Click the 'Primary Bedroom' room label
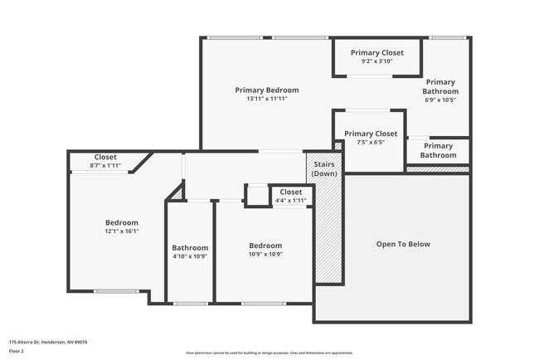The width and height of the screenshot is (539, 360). pyautogui.click(x=266, y=90)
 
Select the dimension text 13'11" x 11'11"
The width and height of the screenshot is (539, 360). pyautogui.click(x=266, y=99)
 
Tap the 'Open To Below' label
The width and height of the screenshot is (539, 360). pyautogui.click(x=403, y=244)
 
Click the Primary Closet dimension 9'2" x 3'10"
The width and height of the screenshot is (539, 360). pyautogui.click(x=376, y=61)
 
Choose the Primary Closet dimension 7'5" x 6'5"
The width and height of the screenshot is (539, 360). pyautogui.click(x=371, y=142)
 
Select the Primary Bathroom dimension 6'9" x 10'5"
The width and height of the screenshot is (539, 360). pyautogui.click(x=440, y=100)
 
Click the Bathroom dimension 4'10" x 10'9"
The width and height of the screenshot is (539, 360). pyautogui.click(x=190, y=256)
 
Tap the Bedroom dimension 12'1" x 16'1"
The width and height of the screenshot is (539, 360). pyautogui.click(x=121, y=231)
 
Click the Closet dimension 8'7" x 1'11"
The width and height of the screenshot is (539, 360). pyautogui.click(x=105, y=166)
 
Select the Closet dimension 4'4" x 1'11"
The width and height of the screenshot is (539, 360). pyautogui.click(x=290, y=200)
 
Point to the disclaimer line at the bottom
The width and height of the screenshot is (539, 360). pyautogui.click(x=269, y=352)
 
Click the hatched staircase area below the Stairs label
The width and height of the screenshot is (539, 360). pyautogui.click(x=328, y=232)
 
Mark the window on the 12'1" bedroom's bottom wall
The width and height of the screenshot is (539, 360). pyautogui.click(x=116, y=291)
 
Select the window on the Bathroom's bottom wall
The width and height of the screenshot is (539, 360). pyautogui.click(x=191, y=304)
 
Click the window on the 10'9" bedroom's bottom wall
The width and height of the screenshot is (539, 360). pyautogui.click(x=264, y=304)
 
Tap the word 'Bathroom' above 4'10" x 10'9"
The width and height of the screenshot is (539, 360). pyautogui.click(x=190, y=247)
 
